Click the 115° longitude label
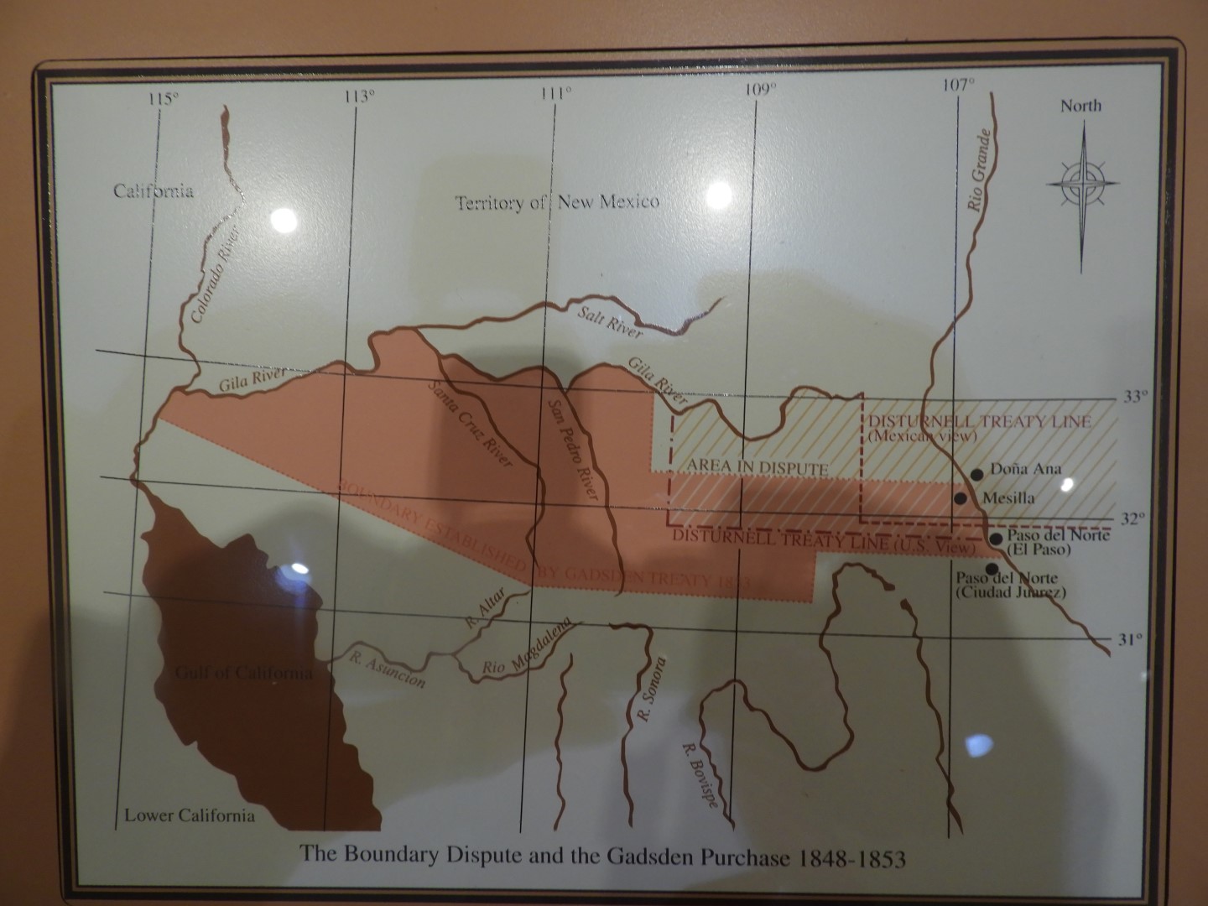pyautogui.click(x=164, y=99)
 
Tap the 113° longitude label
pyautogui.click(x=359, y=96)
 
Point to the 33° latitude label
pyautogui.click(x=1133, y=397)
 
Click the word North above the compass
pyautogui.click(x=1080, y=106)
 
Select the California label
pyautogui.click(x=154, y=191)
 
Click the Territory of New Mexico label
pyautogui.click(x=556, y=202)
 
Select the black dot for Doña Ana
pyautogui.click(x=976, y=474)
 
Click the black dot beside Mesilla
pyautogui.click(x=961, y=498)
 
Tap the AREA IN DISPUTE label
pyautogui.click(x=758, y=468)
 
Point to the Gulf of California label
pyautogui.click(x=233, y=673)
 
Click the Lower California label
pyautogui.click(x=189, y=815)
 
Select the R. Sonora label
pyautogui.click(x=653, y=690)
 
